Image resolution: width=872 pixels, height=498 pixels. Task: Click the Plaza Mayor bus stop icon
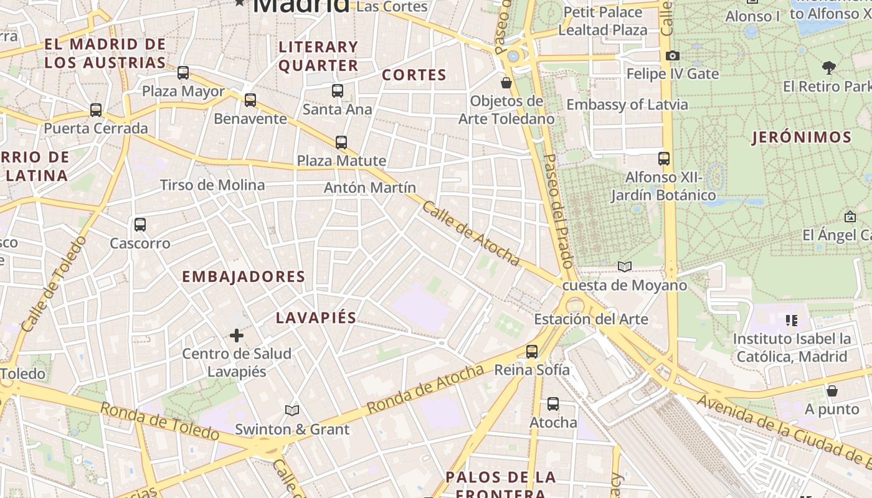coord(183,73)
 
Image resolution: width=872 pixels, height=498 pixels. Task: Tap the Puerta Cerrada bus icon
coord(96,110)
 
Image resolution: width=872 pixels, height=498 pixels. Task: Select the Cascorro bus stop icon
coord(140,225)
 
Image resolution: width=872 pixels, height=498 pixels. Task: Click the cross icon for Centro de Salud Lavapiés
coord(237,336)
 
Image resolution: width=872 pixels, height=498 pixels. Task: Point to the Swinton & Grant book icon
coord(292,410)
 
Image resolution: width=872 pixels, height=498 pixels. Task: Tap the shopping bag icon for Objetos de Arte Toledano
coord(506,83)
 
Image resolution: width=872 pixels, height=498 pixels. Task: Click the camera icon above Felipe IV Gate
coord(672,56)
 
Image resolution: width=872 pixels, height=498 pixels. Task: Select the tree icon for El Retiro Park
coord(828,67)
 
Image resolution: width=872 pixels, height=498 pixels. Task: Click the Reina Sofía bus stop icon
coord(532,352)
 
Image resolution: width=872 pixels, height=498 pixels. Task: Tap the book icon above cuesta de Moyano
coord(625,267)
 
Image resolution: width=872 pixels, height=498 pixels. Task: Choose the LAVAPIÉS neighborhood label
coord(316,317)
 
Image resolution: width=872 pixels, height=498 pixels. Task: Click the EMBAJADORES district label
coord(244,276)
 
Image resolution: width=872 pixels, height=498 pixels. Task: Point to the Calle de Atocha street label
coord(471,233)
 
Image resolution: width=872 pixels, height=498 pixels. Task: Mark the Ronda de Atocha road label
coord(425,389)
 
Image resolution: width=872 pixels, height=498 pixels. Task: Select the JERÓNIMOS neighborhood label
coord(802,138)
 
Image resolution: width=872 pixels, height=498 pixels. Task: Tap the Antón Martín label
coord(370,187)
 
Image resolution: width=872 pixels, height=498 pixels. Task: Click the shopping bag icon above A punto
coord(832,391)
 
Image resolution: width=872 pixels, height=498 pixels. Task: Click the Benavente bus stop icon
coord(250,100)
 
